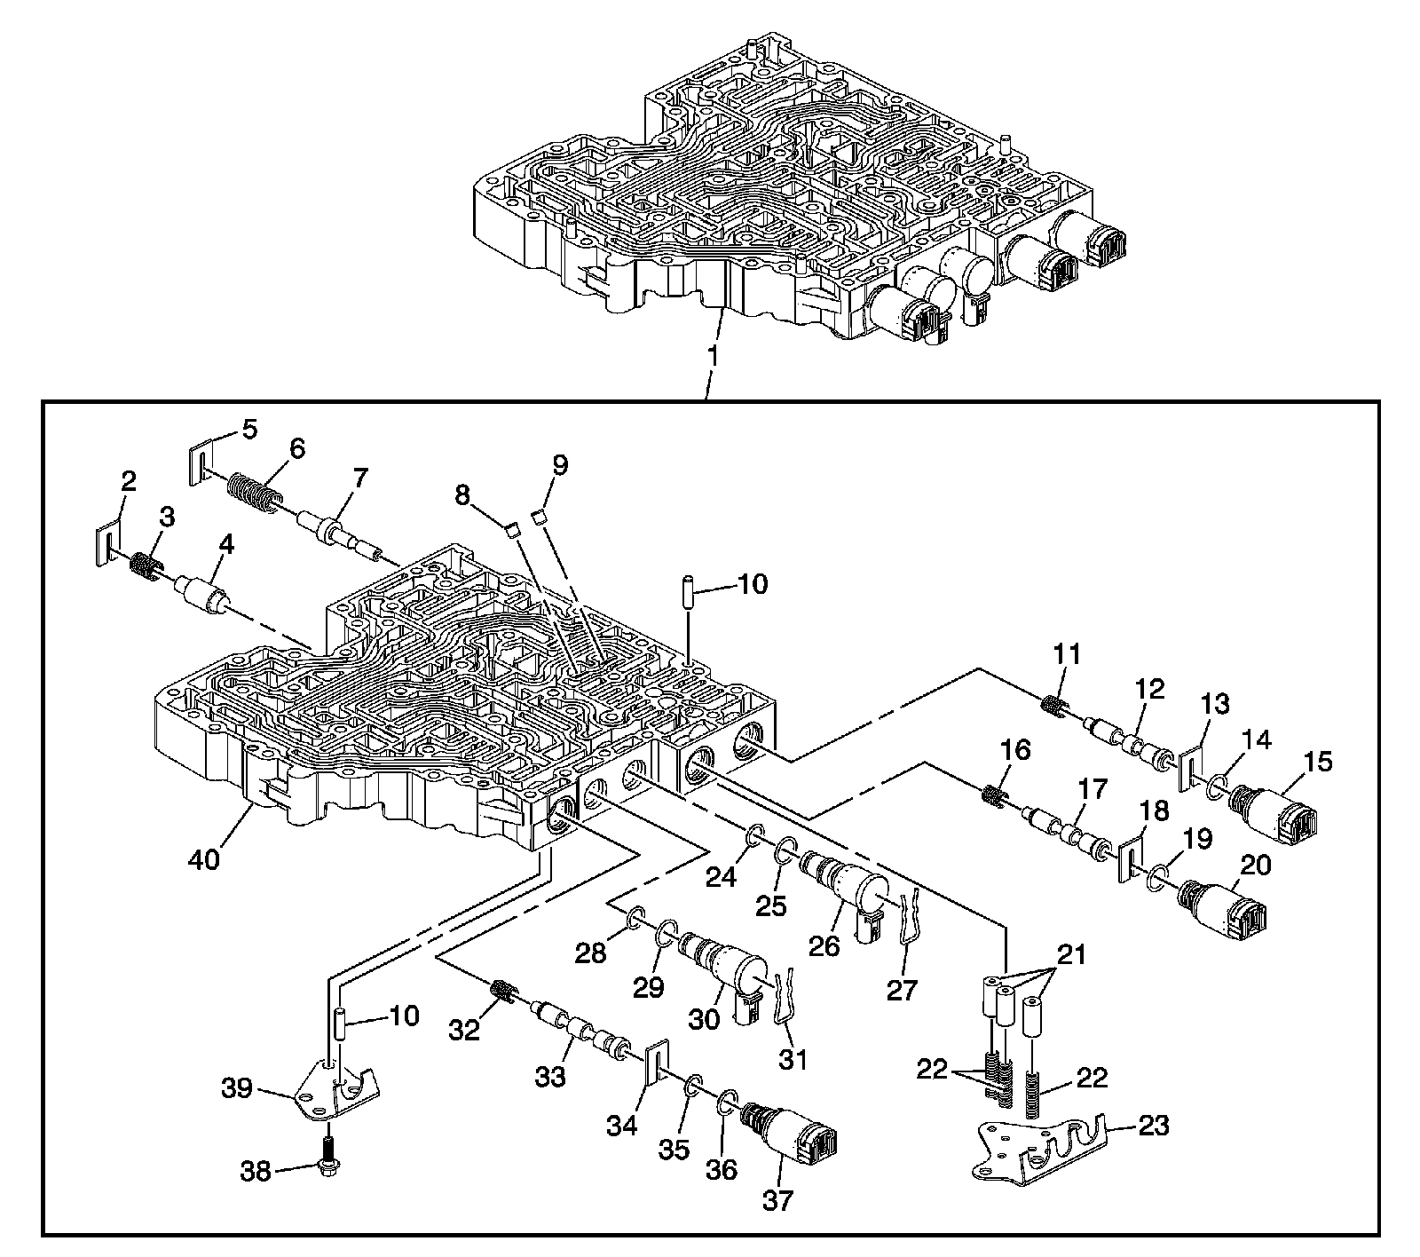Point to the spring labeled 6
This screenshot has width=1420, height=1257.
[253, 492]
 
